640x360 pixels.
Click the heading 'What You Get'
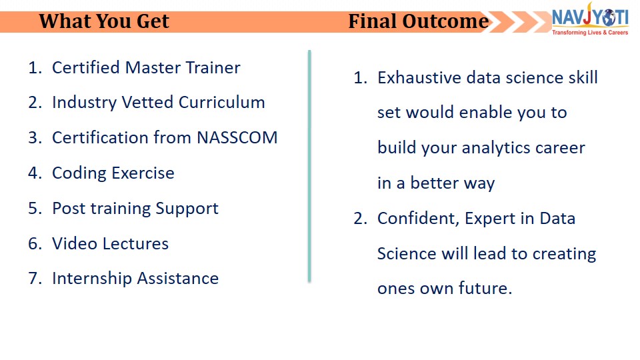click(x=104, y=21)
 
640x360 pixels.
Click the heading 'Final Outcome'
click(x=419, y=21)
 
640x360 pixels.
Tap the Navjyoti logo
click(x=590, y=19)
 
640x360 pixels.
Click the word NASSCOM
click(x=237, y=137)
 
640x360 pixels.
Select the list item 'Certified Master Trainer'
click(x=146, y=68)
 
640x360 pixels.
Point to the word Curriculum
click(x=221, y=103)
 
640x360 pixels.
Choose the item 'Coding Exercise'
click(x=113, y=173)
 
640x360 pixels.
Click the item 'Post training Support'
click(x=135, y=209)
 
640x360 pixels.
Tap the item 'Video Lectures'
click(x=110, y=244)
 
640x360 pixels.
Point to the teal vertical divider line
click(x=309, y=166)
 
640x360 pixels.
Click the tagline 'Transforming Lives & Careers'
click(x=590, y=33)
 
